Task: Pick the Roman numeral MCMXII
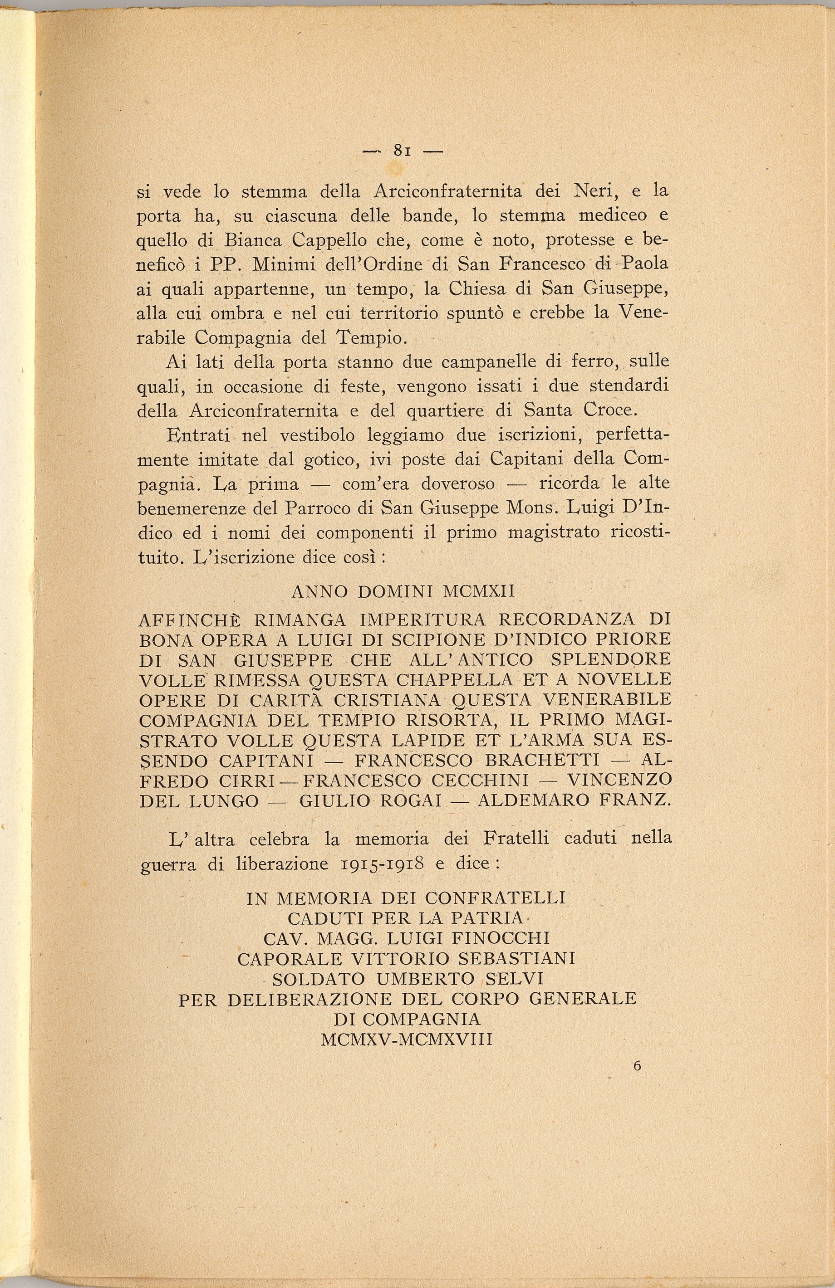(479, 591)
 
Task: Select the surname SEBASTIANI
(516, 958)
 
